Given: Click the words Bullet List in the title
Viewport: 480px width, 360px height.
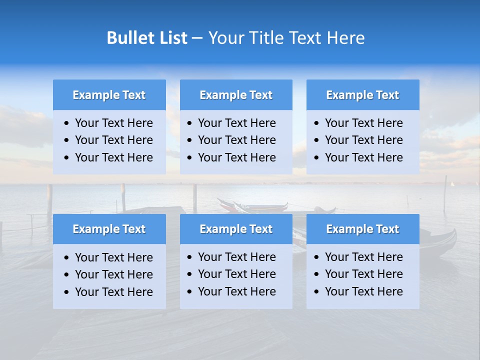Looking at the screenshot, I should click(x=147, y=38).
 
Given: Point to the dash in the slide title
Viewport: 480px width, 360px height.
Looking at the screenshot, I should click(x=197, y=38).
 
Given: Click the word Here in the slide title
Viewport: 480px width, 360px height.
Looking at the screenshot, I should click(x=345, y=38).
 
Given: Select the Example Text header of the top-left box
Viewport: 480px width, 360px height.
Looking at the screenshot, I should click(x=109, y=95).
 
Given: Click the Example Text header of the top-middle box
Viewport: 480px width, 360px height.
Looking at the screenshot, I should click(x=236, y=95).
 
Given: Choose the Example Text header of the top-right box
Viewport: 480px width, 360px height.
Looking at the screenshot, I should click(x=362, y=95).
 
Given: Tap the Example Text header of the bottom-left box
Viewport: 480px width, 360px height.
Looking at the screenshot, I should click(x=109, y=229).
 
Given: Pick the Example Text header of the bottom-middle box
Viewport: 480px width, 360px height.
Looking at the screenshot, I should click(x=236, y=229).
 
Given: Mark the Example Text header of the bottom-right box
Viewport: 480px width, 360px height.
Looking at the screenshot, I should click(x=362, y=229).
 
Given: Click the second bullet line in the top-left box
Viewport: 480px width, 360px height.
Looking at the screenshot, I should click(x=113, y=140).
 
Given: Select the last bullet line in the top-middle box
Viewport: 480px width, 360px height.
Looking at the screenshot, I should click(x=236, y=157).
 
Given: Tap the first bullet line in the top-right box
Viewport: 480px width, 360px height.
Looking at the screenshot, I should click(x=363, y=123).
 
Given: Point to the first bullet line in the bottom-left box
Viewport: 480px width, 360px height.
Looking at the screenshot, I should click(x=113, y=257).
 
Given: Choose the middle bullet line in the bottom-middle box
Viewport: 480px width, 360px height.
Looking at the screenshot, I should click(x=236, y=274).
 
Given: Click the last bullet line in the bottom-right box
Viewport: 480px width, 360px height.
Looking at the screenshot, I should click(x=363, y=291).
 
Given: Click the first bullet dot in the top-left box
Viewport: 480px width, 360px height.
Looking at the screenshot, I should click(x=67, y=123).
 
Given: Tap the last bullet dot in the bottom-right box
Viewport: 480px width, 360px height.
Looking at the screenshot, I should click(x=316, y=292).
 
